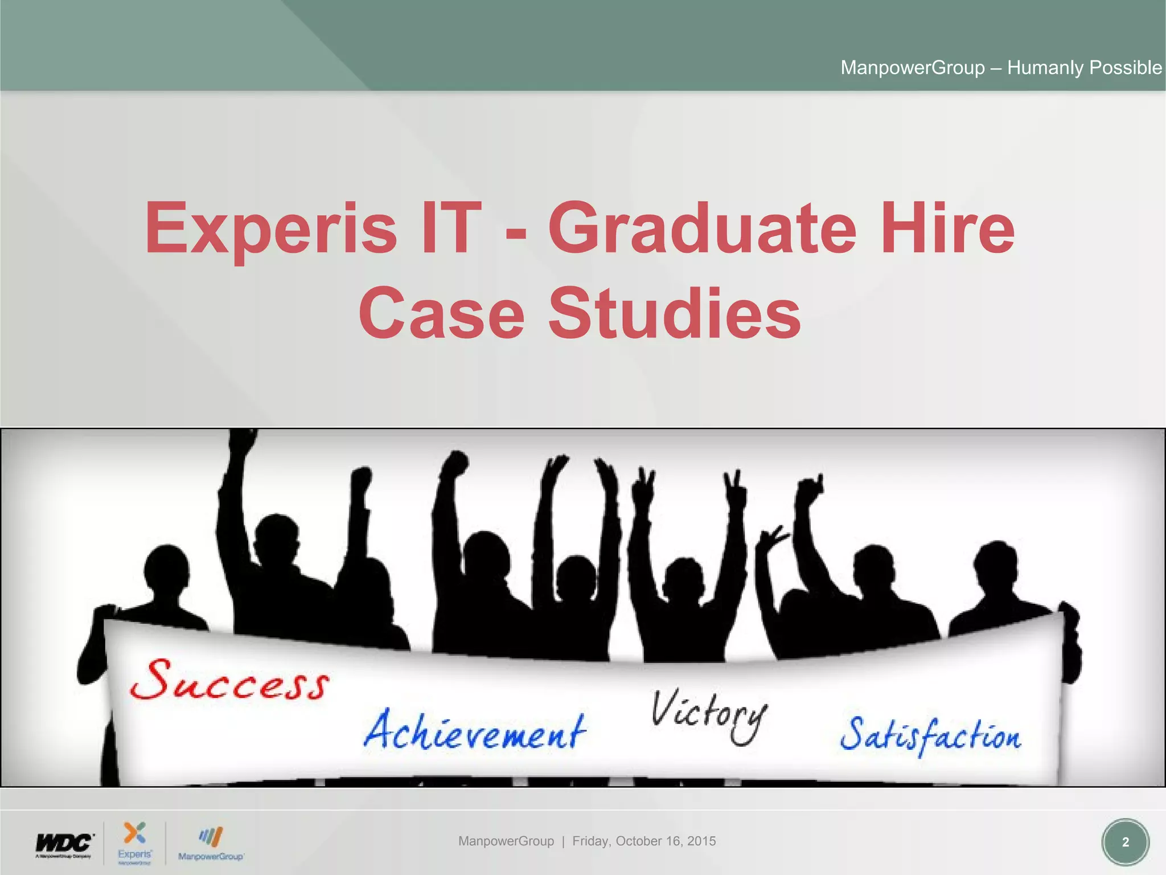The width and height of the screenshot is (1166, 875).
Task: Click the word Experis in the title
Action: pos(270,229)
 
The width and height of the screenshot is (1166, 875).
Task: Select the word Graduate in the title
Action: pos(702,229)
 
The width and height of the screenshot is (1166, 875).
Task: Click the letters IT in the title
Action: pos(448,229)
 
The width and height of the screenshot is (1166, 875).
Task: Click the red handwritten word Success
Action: pos(229,681)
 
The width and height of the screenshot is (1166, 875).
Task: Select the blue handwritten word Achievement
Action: pos(474,731)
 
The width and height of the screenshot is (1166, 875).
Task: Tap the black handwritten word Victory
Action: pos(709,714)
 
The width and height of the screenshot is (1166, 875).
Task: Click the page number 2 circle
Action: pos(1125,842)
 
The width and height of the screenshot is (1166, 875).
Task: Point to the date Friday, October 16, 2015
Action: pos(644,841)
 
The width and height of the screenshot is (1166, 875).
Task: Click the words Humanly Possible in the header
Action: pos(1084,68)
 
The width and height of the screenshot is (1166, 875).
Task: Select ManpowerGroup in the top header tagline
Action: pos(913,68)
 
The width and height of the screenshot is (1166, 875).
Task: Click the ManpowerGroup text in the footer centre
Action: pos(506,841)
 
